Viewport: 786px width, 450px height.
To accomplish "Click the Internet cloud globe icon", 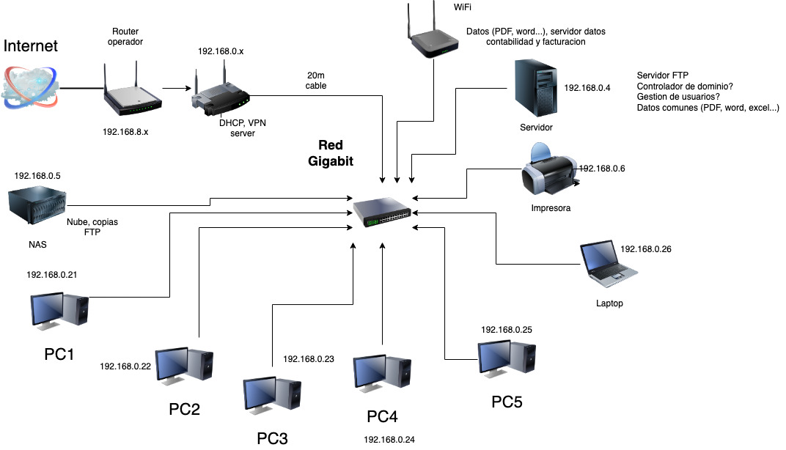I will [29, 86].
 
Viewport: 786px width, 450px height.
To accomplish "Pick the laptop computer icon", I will [608, 262].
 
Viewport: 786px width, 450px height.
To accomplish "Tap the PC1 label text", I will [59, 354].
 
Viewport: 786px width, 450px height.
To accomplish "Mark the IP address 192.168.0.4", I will [587, 88].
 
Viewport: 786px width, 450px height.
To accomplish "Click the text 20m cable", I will [315, 81].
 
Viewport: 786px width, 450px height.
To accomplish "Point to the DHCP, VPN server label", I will [243, 128].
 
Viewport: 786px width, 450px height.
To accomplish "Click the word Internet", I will [31, 46].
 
